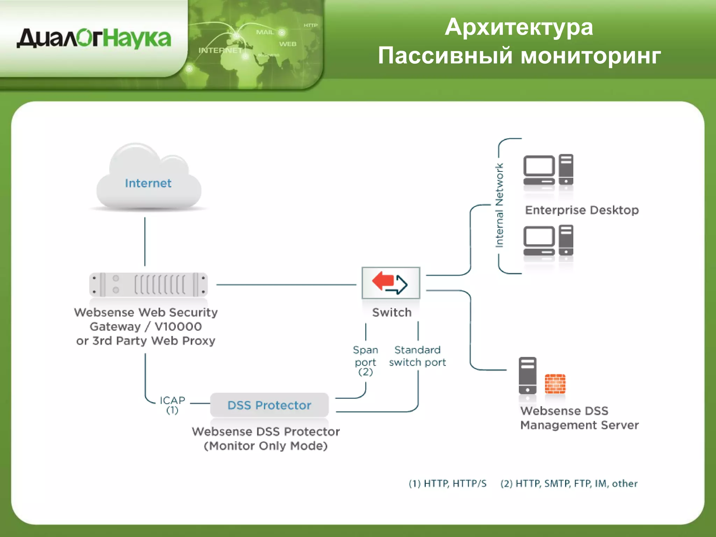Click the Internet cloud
tap(149, 182)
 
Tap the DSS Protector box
tap(269, 405)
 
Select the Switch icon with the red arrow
tap(391, 283)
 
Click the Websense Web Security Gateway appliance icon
tap(149, 285)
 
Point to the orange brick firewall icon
tap(555, 384)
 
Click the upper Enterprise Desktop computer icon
tap(548, 170)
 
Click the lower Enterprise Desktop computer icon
tap(548, 241)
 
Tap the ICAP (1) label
tap(172, 404)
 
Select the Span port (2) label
tap(365, 360)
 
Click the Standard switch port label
tap(417, 356)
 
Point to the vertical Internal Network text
tap(499, 206)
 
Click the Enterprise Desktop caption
tap(582, 210)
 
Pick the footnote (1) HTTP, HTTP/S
tap(447, 484)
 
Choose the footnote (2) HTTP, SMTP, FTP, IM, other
tap(569, 484)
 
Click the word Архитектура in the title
tap(519, 27)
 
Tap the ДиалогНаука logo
tap(94, 38)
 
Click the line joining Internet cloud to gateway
tap(145, 241)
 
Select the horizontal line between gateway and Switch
tap(286, 285)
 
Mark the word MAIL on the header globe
tap(265, 32)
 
